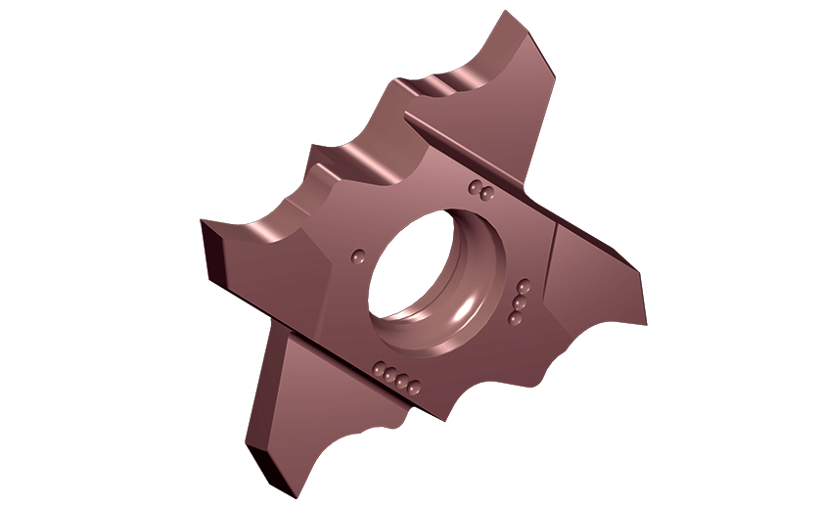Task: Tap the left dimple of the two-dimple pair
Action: click(475, 186)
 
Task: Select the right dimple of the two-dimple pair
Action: click(485, 192)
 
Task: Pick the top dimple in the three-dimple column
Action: click(524, 288)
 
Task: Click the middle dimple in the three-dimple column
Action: click(520, 303)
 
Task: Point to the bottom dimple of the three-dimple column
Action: click(515, 319)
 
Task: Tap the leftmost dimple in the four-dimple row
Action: click(378, 369)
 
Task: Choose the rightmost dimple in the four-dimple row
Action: click(414, 383)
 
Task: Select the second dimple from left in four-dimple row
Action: click(389, 374)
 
